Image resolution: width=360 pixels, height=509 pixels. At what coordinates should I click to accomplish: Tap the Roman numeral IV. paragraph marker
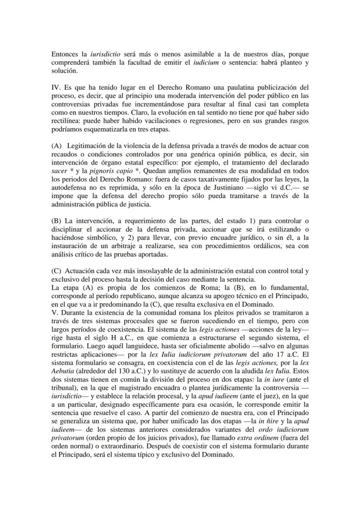coord(57,88)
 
